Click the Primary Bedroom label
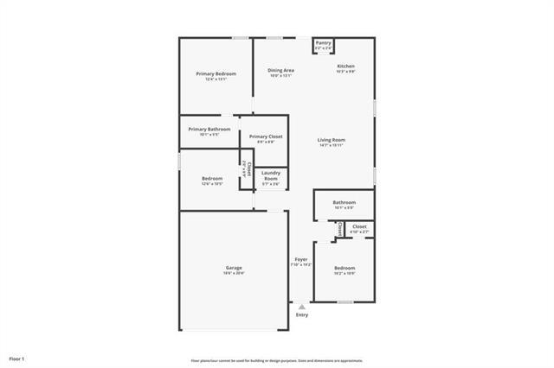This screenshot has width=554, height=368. coord(216,74)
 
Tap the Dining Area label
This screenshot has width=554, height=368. coord(280,70)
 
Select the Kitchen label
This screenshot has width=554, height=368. coord(345,67)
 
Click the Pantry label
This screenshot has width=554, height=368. coord(323,42)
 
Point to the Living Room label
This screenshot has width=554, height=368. coord(332,140)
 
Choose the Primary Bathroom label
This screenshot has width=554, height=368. coord(209,130)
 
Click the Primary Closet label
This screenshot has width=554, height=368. coord(266,136)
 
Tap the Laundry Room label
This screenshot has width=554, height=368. coord(270,175)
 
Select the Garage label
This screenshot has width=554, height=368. coord(234,268)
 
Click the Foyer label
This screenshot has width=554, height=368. coord(301,259)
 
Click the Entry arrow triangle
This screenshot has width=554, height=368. coord(301,306)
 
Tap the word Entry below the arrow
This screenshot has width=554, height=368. coord(301,314)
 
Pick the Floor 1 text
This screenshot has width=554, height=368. coord(17,358)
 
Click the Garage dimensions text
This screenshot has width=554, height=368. coord(234,273)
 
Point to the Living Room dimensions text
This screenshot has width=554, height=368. coord(332,145)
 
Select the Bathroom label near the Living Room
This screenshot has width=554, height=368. coord(345,202)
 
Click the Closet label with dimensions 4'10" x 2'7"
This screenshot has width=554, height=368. coord(359,226)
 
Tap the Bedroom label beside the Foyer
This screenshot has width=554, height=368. coord(345,268)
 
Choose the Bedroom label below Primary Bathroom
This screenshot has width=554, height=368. coord(213,179)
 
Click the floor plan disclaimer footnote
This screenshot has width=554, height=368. coord(276,360)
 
